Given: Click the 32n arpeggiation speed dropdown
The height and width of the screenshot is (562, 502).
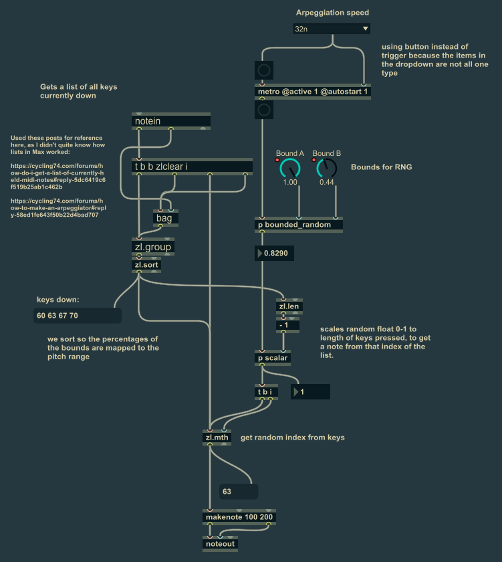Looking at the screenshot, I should (x=331, y=29).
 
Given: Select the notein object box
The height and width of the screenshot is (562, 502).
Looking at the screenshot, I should (x=171, y=121).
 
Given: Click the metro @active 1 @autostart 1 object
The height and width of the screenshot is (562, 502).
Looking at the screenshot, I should (x=312, y=92).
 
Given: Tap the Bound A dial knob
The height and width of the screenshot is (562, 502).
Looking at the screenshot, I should (x=290, y=168).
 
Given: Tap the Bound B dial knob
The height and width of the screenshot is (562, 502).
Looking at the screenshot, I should (x=327, y=168).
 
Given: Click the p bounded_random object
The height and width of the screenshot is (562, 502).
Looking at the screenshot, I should (x=299, y=225).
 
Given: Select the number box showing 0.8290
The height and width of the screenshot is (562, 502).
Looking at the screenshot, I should (x=275, y=254).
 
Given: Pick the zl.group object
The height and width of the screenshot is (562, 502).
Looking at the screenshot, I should (x=153, y=247).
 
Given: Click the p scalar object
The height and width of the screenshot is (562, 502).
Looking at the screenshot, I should (x=273, y=358).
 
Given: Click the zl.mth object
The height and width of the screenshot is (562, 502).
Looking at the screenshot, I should (x=217, y=438).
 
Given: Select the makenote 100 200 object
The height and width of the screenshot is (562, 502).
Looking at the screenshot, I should (x=239, y=517).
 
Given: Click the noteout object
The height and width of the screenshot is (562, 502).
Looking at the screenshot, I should (x=220, y=544).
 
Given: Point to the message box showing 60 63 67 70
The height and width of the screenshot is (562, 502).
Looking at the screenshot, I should (x=77, y=316).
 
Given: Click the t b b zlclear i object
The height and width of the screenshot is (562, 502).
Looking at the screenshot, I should (x=193, y=167).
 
